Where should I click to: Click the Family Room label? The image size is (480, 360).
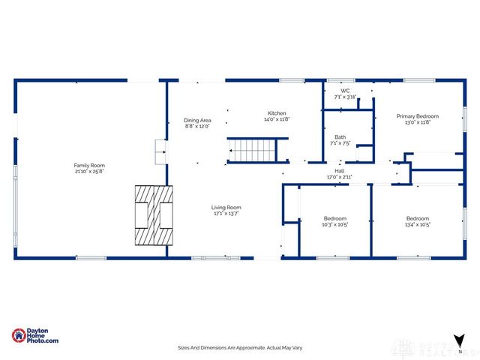coord(88,165)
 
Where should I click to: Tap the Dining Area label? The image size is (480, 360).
coord(197,120)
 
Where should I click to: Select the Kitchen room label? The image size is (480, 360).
coord(276,113)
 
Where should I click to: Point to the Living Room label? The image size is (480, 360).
coord(226,207)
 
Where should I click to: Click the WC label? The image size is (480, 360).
coord(345,91)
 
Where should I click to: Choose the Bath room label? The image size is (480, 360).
coord(340,136)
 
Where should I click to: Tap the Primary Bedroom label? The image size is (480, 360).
coord(418,116)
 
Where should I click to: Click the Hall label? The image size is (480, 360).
coord(340,171)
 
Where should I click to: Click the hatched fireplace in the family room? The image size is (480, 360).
coord(153,215)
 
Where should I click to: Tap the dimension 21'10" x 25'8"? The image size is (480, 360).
coord(88,171)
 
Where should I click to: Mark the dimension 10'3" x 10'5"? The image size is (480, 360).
coord(334,224)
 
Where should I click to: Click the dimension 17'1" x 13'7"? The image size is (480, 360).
coord(226,213)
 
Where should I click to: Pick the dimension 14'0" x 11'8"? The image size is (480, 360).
coord(276,119)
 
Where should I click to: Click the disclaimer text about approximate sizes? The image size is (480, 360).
coord(240,348)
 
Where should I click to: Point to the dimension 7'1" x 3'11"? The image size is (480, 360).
coord(345,97)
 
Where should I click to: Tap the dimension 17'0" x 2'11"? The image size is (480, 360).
coord(340,177)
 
